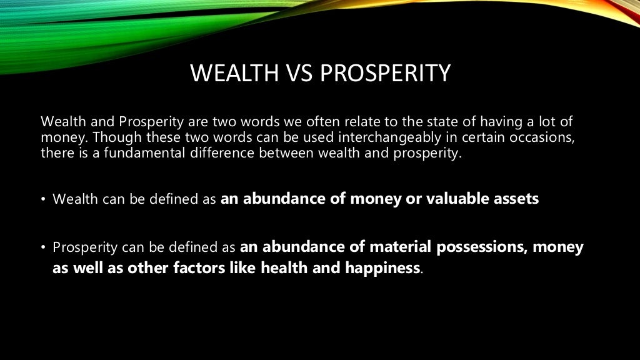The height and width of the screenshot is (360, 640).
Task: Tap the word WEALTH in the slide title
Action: coord(232,74)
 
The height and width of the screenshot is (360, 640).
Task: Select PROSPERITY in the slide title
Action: coord(384,74)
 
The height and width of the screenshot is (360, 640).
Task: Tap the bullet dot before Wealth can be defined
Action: coord(44,200)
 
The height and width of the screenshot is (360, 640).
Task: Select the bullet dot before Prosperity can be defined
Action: coord(44,247)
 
